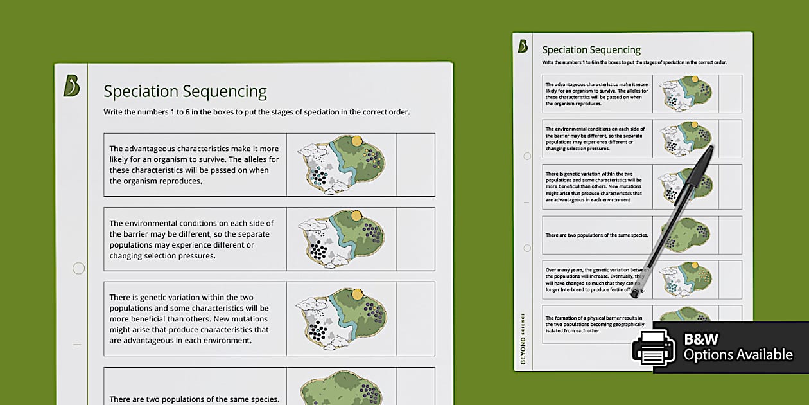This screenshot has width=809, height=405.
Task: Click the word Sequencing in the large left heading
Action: point(225,92)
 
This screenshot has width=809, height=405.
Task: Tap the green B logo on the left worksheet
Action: point(71,85)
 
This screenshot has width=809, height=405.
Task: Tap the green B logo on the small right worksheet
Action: point(523,46)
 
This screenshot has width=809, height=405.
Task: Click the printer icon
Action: point(654,348)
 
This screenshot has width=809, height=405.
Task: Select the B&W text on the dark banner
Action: point(701,339)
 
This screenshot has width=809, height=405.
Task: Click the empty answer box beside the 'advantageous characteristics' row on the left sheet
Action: point(415,165)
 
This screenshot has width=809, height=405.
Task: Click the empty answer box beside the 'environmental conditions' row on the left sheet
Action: point(415,239)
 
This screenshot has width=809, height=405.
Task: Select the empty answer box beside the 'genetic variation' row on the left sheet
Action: point(415,318)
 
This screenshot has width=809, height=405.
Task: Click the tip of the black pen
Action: point(634,295)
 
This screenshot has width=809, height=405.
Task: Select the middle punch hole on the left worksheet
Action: point(78,268)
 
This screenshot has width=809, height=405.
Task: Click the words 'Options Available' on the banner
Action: point(738,355)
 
